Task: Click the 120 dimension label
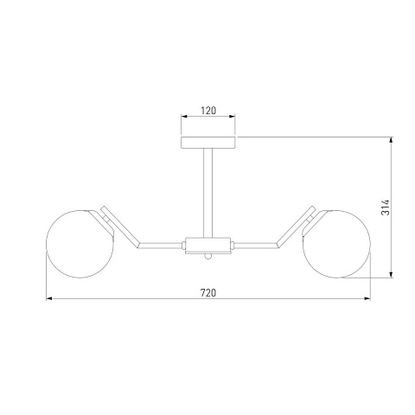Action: pos(208,111)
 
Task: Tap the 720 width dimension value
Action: pos(208,293)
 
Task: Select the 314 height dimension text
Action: pos(386,207)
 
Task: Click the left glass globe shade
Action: pos(80,244)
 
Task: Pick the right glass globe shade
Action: pos(336,244)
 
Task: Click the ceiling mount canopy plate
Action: pos(208,143)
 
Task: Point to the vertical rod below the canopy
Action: pos(208,193)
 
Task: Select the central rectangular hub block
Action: pos(208,246)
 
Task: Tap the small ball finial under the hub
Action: pos(208,256)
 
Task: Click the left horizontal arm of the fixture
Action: pos(161,246)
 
